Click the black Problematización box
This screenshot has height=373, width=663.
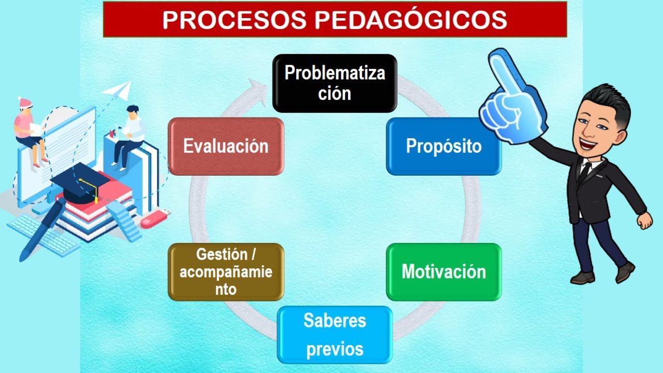coord(335,83)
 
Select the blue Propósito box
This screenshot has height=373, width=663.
coord(444,146)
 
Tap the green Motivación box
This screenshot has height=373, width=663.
coord(444,271)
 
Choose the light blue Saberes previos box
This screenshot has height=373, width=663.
coord(335,335)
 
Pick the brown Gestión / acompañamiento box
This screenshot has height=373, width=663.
coord(226,271)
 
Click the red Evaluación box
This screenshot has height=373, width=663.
coord(226,146)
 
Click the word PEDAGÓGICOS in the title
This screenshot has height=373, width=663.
coord(410,20)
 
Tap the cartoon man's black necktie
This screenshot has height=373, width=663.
coord(584,171)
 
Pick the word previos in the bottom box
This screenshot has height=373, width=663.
coord(335,349)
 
